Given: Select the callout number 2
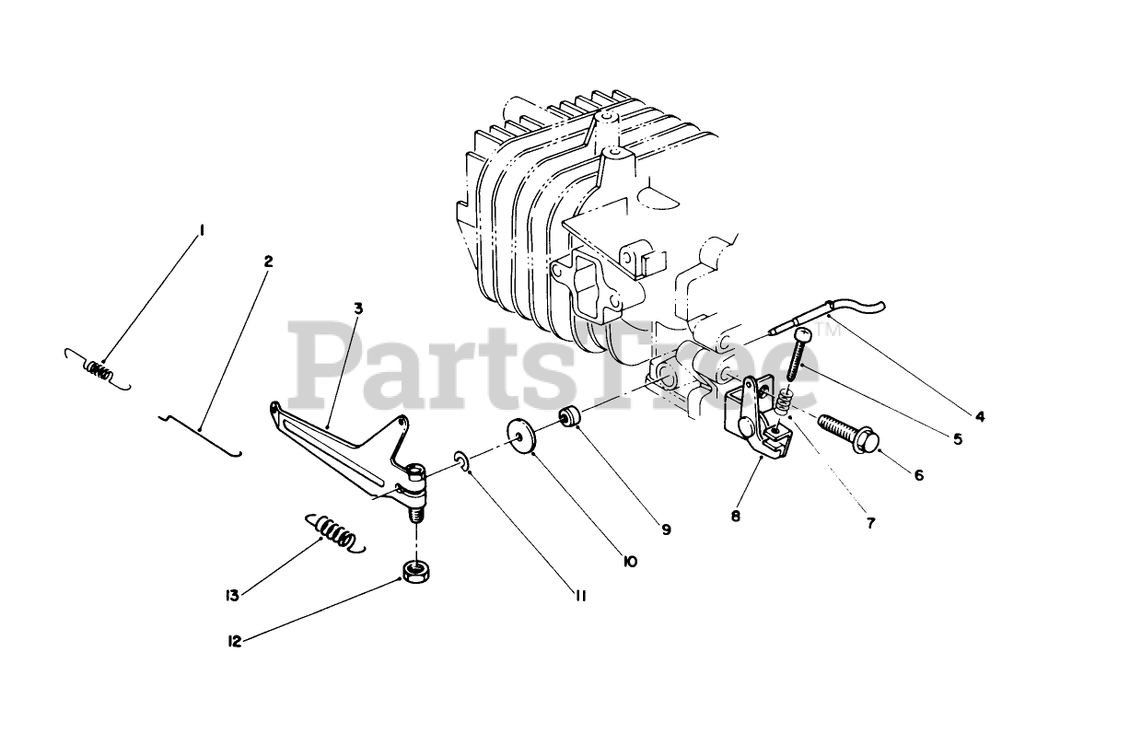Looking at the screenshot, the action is click(268, 262).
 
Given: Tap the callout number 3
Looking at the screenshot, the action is click(357, 308).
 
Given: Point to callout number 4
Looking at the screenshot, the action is click(980, 416).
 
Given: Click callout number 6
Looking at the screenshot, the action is click(919, 475).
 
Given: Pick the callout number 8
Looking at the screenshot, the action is click(736, 517).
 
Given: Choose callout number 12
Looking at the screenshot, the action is click(235, 642).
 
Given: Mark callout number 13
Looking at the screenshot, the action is click(233, 596).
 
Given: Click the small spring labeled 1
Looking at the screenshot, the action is click(99, 371).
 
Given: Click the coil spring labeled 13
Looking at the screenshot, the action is click(333, 533).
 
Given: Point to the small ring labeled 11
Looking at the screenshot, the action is click(462, 460).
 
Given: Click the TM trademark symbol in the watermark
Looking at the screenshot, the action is click(828, 329).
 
